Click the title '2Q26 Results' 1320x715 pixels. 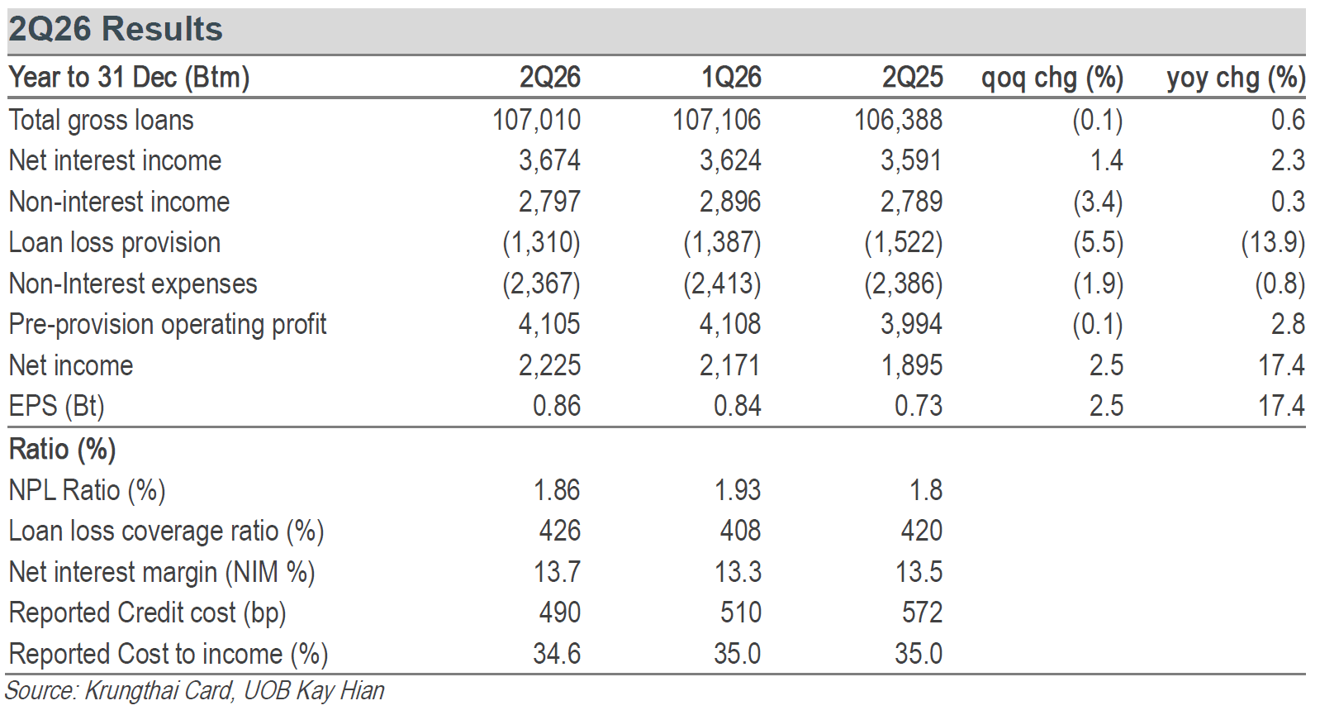point(116,29)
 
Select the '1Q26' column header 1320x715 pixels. point(731,77)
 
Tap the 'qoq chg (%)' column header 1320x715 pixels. point(1052,78)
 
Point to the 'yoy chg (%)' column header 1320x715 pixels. point(1236,78)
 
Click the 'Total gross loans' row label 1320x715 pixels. point(102,120)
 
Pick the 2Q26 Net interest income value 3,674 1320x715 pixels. point(550,160)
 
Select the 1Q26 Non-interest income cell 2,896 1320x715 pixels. point(731,202)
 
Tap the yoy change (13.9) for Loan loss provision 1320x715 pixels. point(1273,243)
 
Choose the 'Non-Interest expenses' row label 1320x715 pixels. point(133,284)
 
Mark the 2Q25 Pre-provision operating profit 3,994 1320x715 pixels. point(912,324)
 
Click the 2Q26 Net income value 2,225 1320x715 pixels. point(550,365)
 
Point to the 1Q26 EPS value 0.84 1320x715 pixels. point(738,406)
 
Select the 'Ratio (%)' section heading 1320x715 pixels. point(63,450)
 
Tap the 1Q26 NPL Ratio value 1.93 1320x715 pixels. point(738,490)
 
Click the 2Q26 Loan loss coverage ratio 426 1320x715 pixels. point(560,531)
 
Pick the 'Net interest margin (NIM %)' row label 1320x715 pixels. point(162,572)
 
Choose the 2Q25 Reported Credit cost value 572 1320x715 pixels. point(922,613)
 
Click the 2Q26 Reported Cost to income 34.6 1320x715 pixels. point(557,654)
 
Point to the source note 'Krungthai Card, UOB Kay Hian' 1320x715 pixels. point(235,691)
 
